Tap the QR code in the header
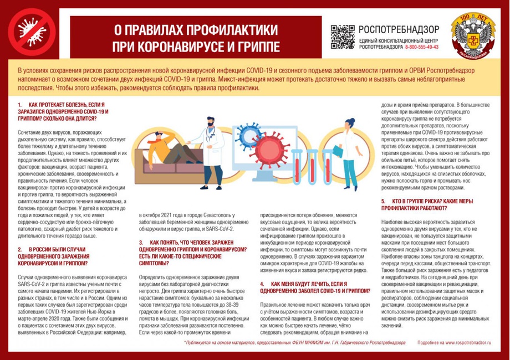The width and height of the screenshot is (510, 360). (342, 37)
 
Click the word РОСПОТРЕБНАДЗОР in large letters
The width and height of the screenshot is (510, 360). (399, 29)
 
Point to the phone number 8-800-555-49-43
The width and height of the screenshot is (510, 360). (421, 48)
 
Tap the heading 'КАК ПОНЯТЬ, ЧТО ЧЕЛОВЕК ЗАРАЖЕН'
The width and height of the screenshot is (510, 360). (192, 243)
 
